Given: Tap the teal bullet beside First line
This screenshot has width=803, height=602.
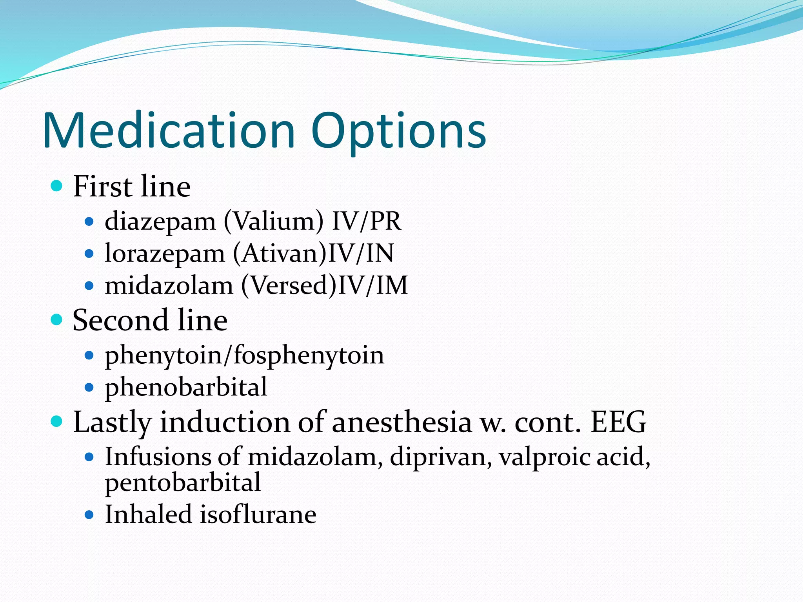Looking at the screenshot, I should pos(57,185).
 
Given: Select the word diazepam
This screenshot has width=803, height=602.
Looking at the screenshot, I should pos(160,222).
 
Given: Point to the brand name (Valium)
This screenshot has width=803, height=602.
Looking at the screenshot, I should pos(274,221).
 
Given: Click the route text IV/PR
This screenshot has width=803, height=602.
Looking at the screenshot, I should pos(367,221).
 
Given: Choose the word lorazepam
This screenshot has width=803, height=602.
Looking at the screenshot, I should pos(165,254).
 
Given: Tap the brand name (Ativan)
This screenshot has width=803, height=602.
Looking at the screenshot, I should pos(280,254).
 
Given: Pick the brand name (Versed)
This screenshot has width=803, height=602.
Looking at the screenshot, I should pos(289,285).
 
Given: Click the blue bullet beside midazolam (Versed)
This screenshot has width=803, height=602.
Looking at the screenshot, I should pos(89,286).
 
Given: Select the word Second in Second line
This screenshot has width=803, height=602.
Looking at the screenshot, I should pos(121,320).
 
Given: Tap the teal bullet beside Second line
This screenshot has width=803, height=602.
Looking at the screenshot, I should pos(57,319).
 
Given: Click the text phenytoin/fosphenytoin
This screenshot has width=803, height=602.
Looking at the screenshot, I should pos(244,356).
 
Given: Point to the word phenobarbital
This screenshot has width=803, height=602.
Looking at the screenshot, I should pos(186,387).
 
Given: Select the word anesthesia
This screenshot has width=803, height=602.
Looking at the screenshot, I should pos(402,422).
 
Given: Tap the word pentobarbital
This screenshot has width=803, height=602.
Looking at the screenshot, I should pos(183,482).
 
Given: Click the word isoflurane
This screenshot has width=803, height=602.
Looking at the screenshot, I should pos(258,514).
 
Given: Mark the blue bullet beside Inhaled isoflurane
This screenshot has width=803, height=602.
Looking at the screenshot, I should pos(89,515).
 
